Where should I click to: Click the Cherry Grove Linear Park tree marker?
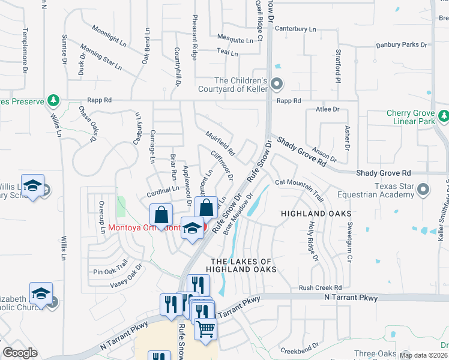[x=443, y=116]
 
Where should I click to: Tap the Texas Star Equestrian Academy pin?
[x=423, y=190]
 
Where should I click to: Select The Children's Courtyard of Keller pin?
[x=276, y=85]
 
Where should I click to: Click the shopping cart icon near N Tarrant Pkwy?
[x=206, y=329]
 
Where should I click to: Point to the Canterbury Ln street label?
[x=295, y=29]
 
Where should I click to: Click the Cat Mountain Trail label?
[x=299, y=186]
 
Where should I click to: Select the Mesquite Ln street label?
[x=235, y=40]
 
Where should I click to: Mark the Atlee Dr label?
[x=328, y=109]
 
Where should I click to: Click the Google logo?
[x=20, y=353]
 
